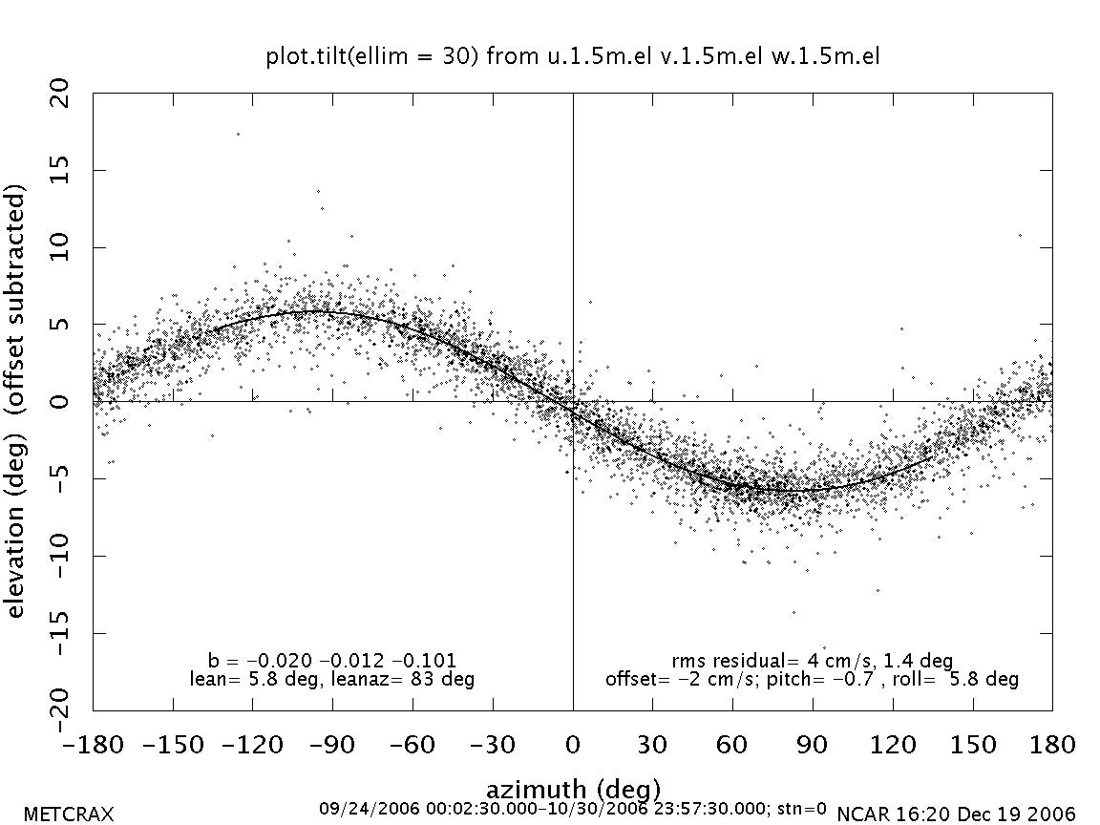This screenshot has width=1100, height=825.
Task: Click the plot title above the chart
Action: pos(572,57)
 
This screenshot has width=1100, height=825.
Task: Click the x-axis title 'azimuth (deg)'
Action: pos(573,790)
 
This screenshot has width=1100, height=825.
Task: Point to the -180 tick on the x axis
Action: pos(94,745)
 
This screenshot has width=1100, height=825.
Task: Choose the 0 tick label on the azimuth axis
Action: pos(573,745)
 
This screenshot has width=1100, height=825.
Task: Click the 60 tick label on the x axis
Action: pos(732,745)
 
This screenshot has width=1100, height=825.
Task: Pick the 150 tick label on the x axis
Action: pos(972,745)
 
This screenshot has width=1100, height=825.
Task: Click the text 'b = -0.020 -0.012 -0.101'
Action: pos(332,661)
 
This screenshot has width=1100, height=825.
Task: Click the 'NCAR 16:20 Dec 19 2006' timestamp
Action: pos(956,814)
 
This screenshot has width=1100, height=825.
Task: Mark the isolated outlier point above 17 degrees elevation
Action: pos(238,134)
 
